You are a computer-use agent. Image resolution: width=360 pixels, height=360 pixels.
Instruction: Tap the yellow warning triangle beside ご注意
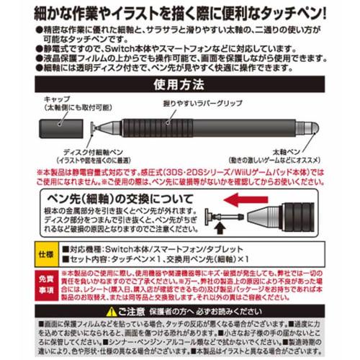click(109, 311)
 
